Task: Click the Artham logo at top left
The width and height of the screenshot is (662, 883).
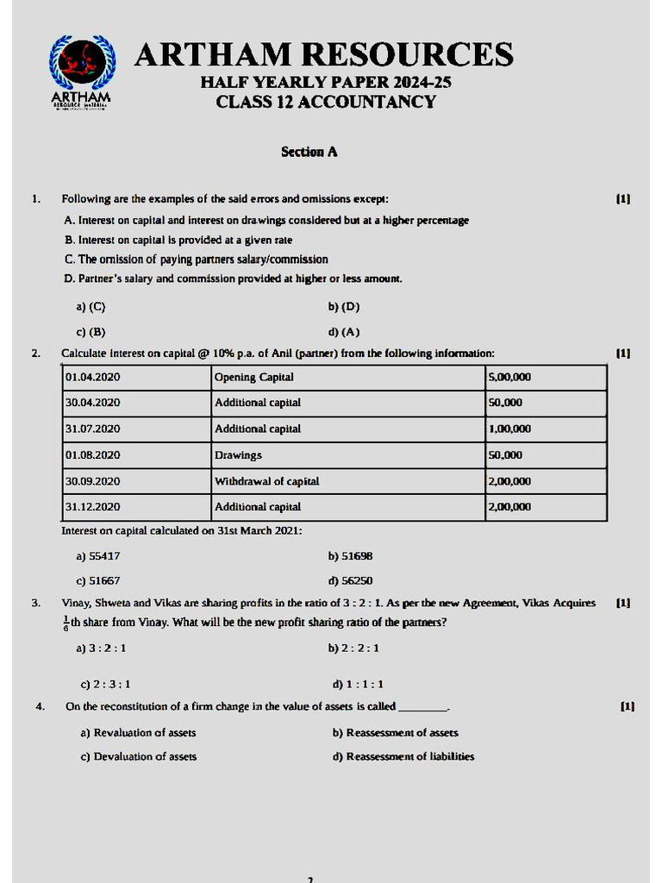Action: pyautogui.click(x=80, y=72)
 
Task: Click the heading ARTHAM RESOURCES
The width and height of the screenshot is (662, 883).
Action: pyautogui.click(x=324, y=54)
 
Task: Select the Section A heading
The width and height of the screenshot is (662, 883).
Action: pyautogui.click(x=309, y=152)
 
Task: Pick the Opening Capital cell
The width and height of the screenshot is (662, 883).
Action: pyautogui.click(x=253, y=377)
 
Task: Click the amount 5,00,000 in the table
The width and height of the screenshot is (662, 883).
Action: pyautogui.click(x=509, y=377)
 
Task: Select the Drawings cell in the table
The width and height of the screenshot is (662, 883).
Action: pyautogui.click(x=238, y=454)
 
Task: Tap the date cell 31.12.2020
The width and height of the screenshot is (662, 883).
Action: pyautogui.click(x=92, y=507)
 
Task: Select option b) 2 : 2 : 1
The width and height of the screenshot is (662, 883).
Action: pyautogui.click(x=353, y=648)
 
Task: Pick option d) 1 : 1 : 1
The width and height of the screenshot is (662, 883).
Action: pyautogui.click(x=358, y=684)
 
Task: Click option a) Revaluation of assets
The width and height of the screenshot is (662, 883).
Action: pyautogui.click(x=138, y=732)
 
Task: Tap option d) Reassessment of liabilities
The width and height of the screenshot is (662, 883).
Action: pyautogui.click(x=403, y=756)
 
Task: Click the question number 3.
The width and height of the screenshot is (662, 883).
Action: pyautogui.click(x=35, y=603)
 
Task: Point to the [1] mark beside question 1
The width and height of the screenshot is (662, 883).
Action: pyautogui.click(x=622, y=198)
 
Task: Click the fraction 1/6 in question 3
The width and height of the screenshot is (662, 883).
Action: pyautogui.click(x=66, y=623)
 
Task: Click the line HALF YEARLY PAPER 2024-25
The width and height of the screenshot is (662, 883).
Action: pyautogui.click(x=326, y=83)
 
